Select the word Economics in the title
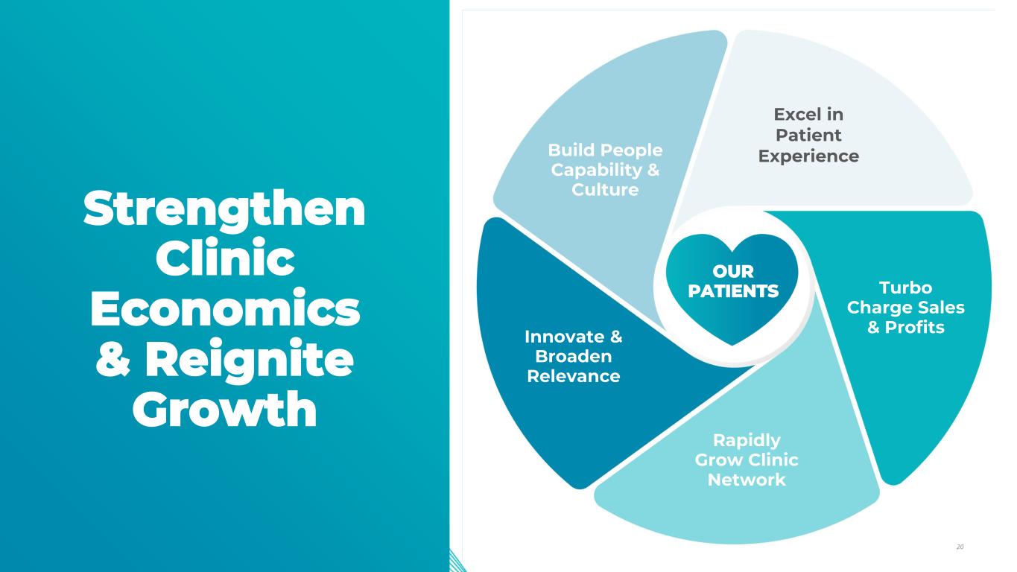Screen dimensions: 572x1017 (224, 311)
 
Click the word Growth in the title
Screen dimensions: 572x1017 (224, 410)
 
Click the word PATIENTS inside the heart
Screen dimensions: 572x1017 (732, 291)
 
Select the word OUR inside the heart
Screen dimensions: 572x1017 (732, 272)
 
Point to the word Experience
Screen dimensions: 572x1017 (808, 156)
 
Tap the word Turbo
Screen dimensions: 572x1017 (905, 287)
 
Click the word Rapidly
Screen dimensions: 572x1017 (747, 439)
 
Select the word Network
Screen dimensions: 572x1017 (747, 480)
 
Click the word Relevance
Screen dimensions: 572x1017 (573, 376)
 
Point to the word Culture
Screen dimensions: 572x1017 (605, 190)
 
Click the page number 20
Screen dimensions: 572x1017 (960, 547)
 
